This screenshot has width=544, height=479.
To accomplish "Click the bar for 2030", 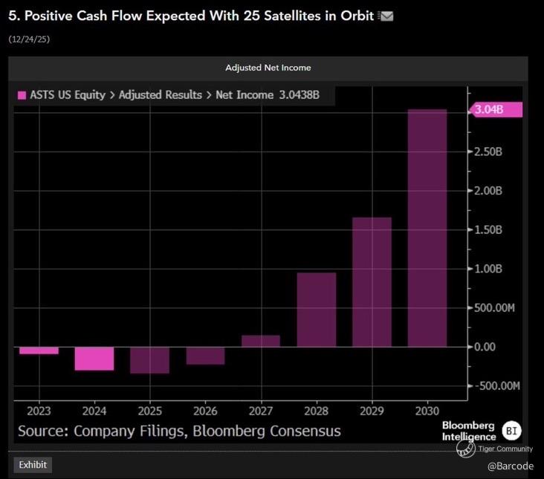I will (427, 228).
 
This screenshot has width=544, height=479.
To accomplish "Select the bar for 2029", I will (372, 282).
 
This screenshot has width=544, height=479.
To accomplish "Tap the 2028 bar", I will (316, 310).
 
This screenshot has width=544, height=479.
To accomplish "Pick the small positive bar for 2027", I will (261, 341).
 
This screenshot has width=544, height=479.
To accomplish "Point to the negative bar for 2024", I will (94, 358).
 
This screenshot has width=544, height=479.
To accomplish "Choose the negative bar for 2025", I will (149, 360).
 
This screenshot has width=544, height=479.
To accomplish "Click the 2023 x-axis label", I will (39, 411).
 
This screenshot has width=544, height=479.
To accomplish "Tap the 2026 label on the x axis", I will (205, 411).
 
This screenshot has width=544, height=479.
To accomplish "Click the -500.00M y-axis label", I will (497, 386).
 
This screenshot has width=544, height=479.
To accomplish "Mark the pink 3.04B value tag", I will (496, 110).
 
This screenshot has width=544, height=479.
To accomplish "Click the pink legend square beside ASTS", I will (22, 95).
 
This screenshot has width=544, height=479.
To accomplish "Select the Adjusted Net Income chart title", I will (268, 68).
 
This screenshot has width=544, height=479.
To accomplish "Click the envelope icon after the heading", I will (386, 16).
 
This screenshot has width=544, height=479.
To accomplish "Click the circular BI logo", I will (512, 430).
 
